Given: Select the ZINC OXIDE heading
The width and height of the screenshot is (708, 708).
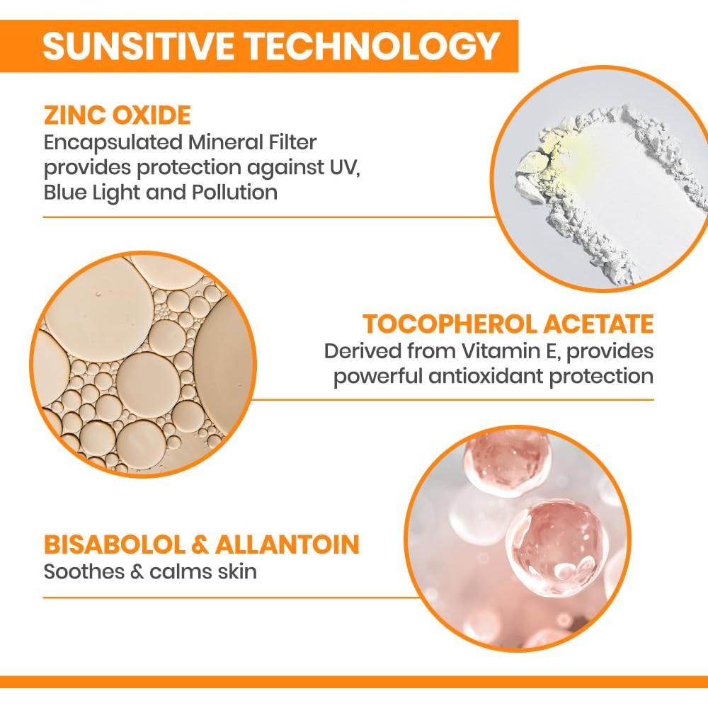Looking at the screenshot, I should pyautogui.click(x=117, y=115).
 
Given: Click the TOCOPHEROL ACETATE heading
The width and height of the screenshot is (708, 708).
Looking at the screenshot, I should pyautogui.click(x=508, y=324).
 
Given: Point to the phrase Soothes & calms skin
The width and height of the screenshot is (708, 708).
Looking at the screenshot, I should pyautogui.click(x=150, y=571).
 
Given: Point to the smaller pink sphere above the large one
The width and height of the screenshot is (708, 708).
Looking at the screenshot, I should pyautogui.click(x=507, y=460).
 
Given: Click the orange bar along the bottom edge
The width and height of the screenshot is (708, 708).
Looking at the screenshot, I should pyautogui.click(x=354, y=682).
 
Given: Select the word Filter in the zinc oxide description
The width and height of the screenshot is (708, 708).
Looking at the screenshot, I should pyautogui.click(x=290, y=142).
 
